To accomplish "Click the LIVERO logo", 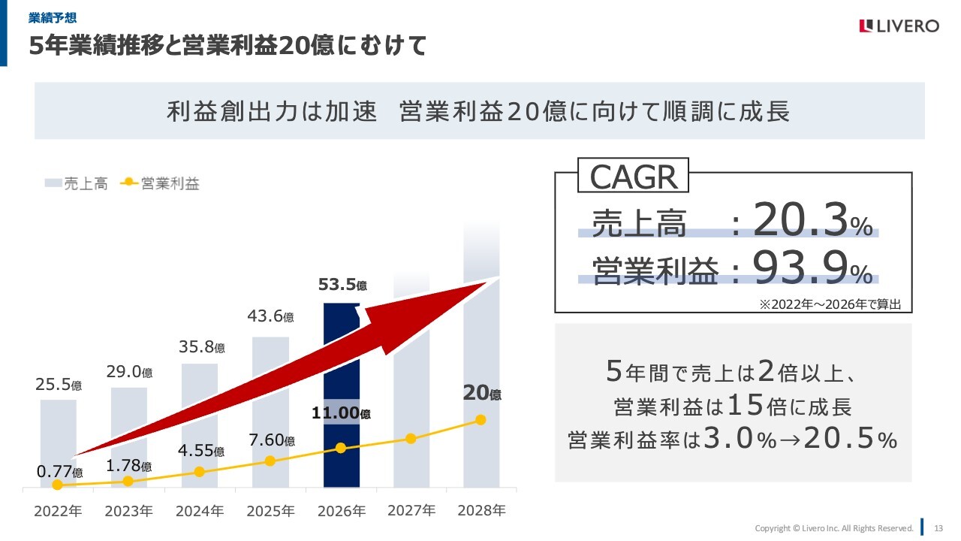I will click(899, 26).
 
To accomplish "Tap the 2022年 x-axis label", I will click(58, 511).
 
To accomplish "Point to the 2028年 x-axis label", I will click(481, 510).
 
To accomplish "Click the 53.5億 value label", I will click(342, 286).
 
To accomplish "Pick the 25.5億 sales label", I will click(59, 385).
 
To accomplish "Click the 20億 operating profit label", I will click(481, 392).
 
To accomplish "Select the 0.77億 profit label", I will click(59, 472).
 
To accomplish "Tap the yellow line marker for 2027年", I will click(411, 438).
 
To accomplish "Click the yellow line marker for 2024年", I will click(199, 472).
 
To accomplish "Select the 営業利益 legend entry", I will click(161, 183).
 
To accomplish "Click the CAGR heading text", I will click(634, 177).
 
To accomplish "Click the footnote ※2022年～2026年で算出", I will click(835, 304).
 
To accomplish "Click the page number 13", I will click(938, 527).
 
